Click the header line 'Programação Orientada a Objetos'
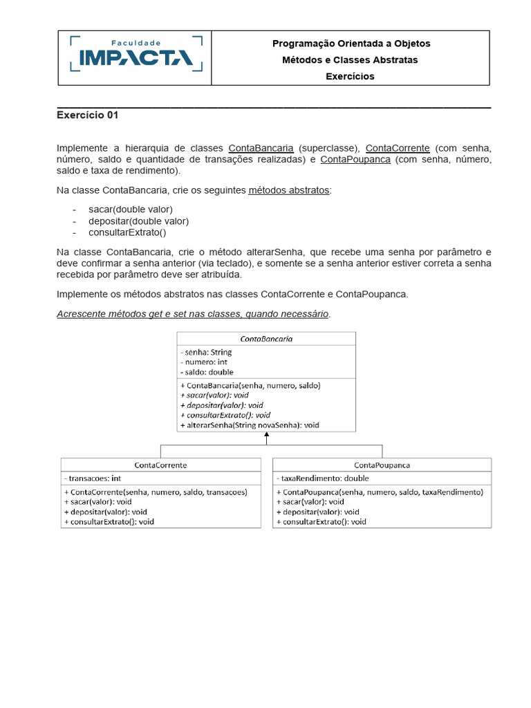coord(351,44)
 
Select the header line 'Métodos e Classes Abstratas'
coord(350,60)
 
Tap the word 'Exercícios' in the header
coord(350,77)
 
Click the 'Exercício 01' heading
coord(87,115)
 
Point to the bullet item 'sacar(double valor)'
coord(131,209)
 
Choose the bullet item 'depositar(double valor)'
coord(138,221)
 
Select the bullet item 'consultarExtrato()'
coord(127,233)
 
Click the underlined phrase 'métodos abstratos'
coord(289,190)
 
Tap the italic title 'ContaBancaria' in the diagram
coord(266,339)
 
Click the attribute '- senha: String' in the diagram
coord(206,353)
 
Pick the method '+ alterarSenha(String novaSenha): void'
coord(250,425)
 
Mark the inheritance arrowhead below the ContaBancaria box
coord(266,437)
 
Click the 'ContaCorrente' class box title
coord(160,465)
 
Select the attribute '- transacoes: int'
coord(93,478)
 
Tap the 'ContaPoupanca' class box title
coord(382,465)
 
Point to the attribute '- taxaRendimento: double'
coord(322,478)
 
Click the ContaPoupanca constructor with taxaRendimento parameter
coord(380,492)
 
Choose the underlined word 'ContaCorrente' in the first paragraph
coord(398,149)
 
